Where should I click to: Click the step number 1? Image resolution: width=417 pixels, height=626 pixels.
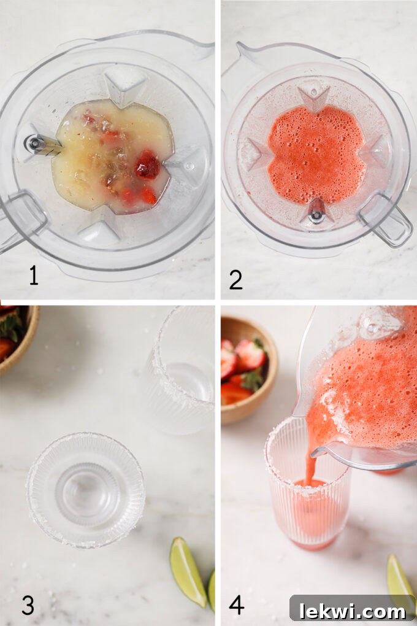tap(34, 276)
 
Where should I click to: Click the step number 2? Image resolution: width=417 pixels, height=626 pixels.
tap(235, 278)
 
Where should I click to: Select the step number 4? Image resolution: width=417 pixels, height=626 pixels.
tap(237, 604)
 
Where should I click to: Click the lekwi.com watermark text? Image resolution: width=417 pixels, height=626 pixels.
tap(352, 610)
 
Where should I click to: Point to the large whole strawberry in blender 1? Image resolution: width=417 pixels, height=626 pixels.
tap(147, 166)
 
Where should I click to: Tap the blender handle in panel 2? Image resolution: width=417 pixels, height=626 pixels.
tap(385, 220)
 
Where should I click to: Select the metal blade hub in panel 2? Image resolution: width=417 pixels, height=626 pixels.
tap(316, 215)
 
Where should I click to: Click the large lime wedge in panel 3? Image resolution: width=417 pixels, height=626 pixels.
tap(188, 571)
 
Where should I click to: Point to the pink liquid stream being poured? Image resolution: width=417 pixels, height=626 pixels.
tap(312, 466)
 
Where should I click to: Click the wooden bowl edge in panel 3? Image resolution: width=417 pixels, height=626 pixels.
tap(25, 350)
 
